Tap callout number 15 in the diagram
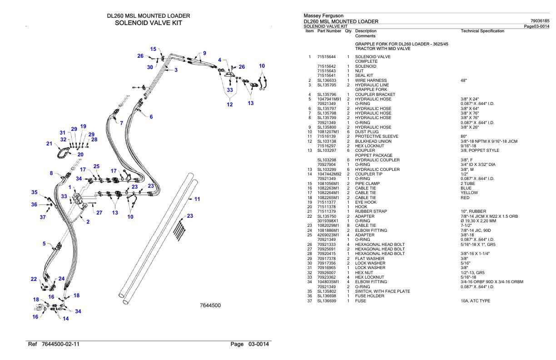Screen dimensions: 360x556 tap(154, 49)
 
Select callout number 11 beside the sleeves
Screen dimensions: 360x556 tap(197, 199)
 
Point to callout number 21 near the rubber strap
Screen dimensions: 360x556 tap(49, 144)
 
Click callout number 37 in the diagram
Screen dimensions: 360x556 tap(43, 217)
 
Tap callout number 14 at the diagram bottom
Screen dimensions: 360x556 tap(65, 319)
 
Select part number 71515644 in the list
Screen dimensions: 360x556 tap(327, 57)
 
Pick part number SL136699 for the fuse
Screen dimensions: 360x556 tap(326, 300)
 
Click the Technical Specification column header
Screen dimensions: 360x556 tap(482, 31)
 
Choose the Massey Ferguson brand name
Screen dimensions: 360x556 tap(323, 16)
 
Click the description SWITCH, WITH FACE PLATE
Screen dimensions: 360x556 tap(383, 290)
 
